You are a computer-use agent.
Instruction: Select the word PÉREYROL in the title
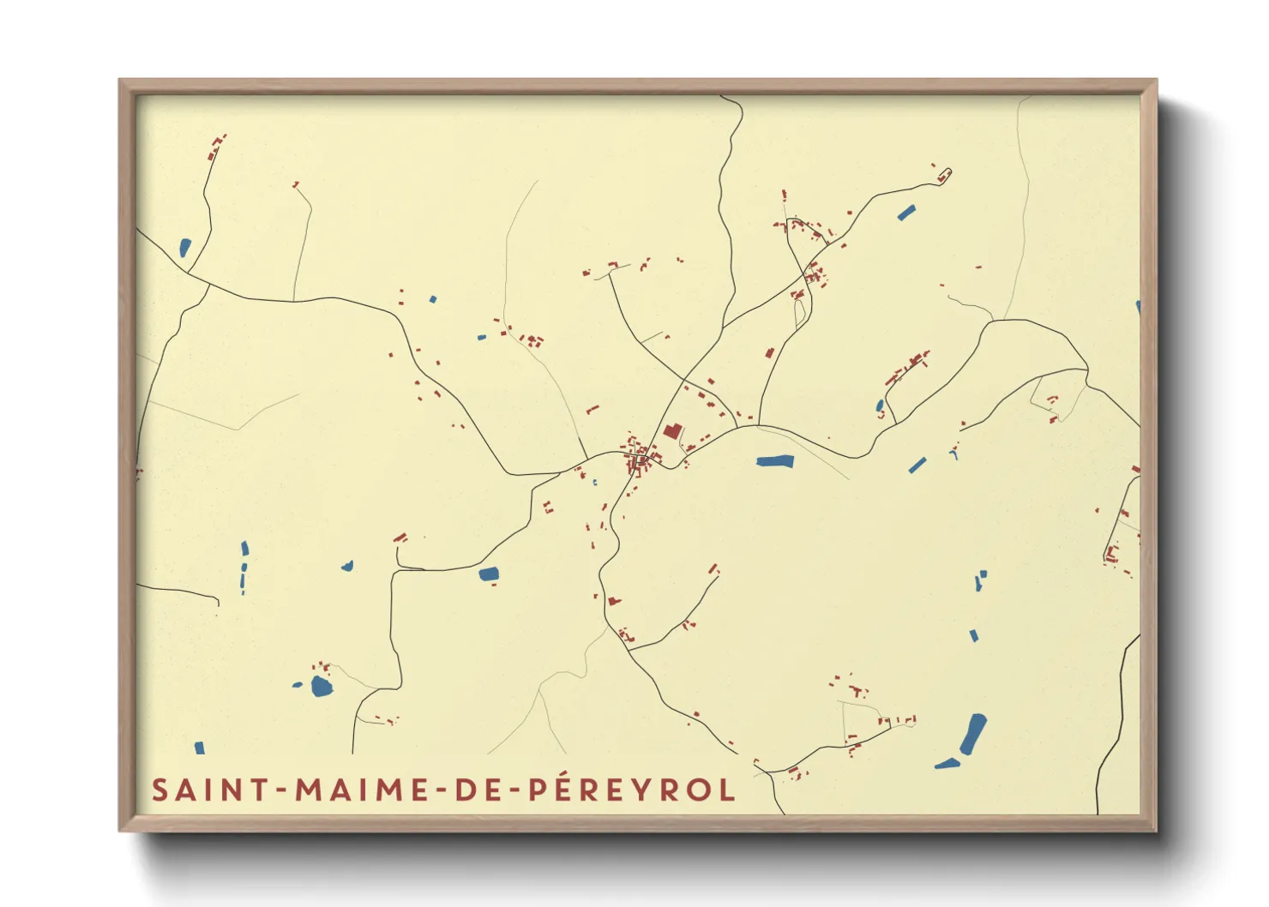click(x=632, y=789)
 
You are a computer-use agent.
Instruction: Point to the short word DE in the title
click(x=472, y=790)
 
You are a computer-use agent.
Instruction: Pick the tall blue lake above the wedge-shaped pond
click(x=973, y=733)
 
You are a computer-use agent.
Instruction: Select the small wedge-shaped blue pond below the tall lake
click(x=947, y=763)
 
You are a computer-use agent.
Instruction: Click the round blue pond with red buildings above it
click(x=321, y=686)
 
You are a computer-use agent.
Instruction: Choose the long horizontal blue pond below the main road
click(x=775, y=461)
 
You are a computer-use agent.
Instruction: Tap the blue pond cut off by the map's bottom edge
click(x=200, y=748)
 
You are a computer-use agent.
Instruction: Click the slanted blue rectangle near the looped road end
click(x=906, y=212)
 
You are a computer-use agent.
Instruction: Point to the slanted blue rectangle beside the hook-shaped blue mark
click(x=917, y=466)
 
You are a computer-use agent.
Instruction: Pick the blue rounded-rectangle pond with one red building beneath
click(x=489, y=574)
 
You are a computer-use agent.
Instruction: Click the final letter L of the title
click(x=727, y=790)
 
